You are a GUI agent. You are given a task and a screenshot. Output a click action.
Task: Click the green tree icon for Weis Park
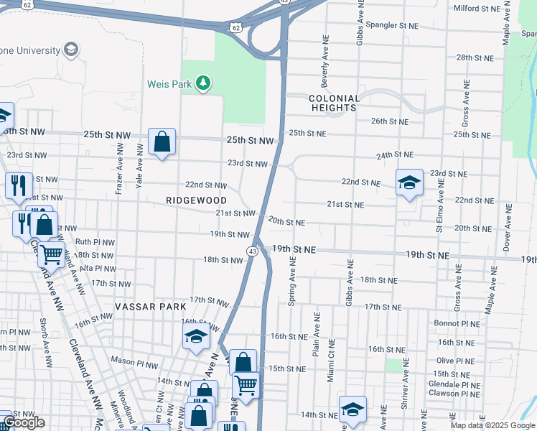[204, 84]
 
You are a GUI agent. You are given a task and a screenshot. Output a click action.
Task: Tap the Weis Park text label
[170, 84]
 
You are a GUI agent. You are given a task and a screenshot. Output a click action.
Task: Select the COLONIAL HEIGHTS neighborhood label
[333, 103]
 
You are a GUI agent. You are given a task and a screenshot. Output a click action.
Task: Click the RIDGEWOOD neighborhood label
[196, 200]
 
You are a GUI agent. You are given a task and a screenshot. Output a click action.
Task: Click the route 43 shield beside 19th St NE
[253, 251]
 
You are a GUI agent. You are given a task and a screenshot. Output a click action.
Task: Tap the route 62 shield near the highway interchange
[236, 27]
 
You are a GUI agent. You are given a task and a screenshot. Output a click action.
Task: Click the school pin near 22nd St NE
[408, 182]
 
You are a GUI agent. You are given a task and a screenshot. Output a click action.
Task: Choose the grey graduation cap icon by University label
[70, 49]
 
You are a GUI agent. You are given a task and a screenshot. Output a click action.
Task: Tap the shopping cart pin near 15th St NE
[246, 386]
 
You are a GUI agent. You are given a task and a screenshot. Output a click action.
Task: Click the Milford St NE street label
[477, 8]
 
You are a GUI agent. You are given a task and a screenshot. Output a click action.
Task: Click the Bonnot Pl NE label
[457, 323]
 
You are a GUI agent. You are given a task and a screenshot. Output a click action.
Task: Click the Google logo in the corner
[24, 422]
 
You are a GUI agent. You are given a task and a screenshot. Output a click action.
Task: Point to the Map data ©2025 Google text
[492, 425]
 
